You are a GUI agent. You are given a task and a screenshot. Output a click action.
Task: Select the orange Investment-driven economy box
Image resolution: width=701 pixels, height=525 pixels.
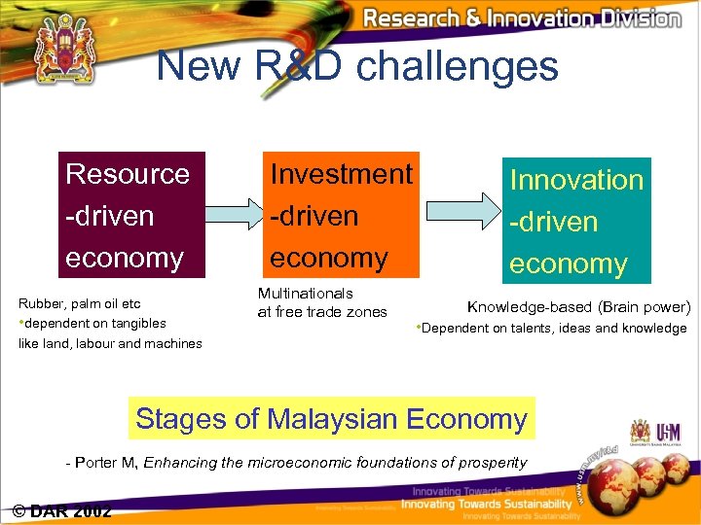click(341, 215)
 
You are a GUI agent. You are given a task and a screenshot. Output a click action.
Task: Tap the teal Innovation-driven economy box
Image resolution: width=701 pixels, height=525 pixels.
click(576, 221)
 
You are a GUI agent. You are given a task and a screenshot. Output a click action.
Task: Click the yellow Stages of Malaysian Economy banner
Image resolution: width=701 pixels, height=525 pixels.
click(331, 419)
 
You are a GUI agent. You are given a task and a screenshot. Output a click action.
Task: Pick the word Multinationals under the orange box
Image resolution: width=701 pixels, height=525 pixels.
click(305, 293)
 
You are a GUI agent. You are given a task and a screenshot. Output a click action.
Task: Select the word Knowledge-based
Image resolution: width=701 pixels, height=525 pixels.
click(529, 307)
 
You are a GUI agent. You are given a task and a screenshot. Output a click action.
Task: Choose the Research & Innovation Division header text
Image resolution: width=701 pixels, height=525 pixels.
click(521, 17)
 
